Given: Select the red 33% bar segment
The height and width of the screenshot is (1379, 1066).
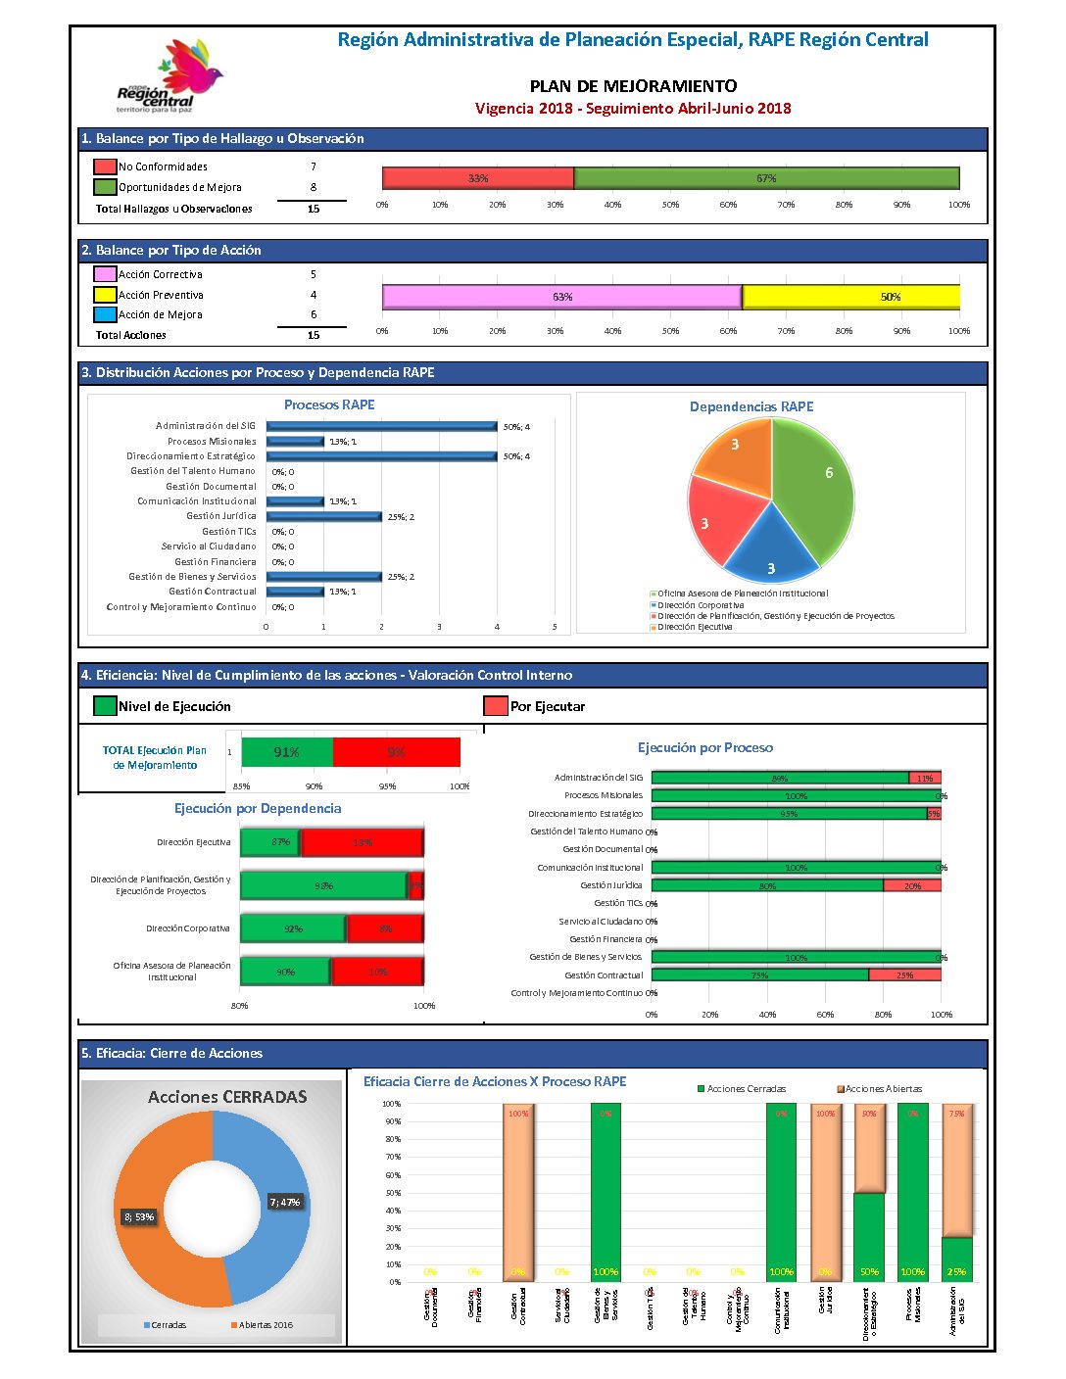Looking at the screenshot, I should coord(477,178).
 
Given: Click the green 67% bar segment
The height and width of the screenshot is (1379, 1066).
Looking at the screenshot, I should coord(765,178).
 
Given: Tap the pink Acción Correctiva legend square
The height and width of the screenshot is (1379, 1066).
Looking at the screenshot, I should coord(105,274).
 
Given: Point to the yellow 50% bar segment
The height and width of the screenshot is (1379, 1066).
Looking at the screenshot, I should coord(850,297).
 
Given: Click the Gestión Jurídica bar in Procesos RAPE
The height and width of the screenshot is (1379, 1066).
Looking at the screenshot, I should coord(323,516).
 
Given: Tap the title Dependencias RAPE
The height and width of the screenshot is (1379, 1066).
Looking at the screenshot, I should coord(751,406).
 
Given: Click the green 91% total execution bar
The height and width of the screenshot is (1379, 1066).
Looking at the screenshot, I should coord(287,752).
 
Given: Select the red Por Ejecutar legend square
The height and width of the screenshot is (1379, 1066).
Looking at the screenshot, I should coord(495,706).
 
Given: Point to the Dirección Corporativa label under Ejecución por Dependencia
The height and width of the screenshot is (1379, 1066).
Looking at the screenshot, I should coord(188,928).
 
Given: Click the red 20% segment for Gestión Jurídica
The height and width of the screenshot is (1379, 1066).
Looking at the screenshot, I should coord(912,885).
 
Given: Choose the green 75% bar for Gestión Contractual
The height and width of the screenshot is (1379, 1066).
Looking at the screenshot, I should coord(759,975).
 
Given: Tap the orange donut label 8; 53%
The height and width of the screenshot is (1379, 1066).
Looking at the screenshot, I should coord(139,1216).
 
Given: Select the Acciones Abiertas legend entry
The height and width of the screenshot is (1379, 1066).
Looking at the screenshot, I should coord(879,1089).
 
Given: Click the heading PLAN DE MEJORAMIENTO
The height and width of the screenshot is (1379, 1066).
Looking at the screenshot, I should coord(633,86).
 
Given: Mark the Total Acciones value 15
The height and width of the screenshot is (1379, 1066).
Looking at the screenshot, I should coord(314,335).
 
